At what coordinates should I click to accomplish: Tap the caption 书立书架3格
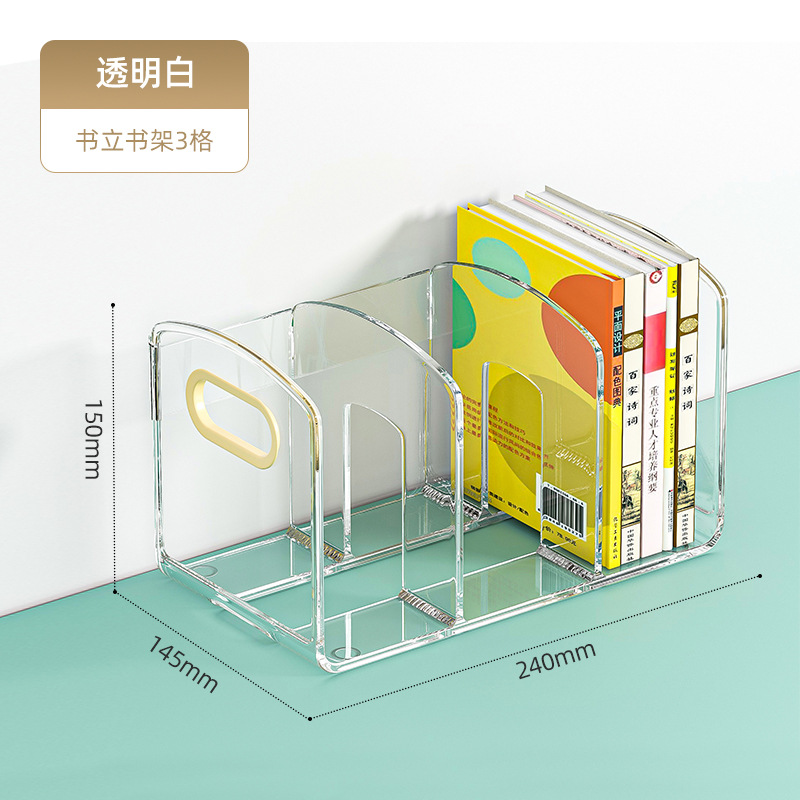(144, 139)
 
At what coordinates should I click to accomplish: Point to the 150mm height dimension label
(93, 440)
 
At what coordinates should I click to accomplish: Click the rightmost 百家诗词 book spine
(687, 400)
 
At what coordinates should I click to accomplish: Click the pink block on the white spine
(655, 340)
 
